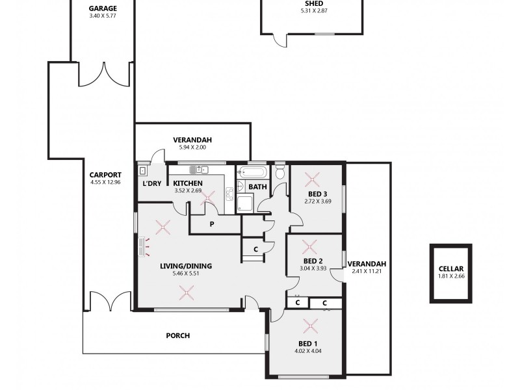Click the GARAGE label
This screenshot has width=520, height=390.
tap(103, 8)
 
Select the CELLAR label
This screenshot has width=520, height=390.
tap(450, 268)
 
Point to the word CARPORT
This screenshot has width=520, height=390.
tap(105, 174)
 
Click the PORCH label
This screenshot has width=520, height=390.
tap(178, 335)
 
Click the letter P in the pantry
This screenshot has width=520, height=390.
tap(212, 224)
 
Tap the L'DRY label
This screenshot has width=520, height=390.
tap(151, 183)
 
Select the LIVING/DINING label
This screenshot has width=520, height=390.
tap(186, 265)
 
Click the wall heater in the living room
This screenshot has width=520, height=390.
tap(144, 247)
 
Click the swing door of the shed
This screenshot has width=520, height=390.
tap(279, 40)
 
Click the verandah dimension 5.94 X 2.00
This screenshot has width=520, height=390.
tap(192, 148)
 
